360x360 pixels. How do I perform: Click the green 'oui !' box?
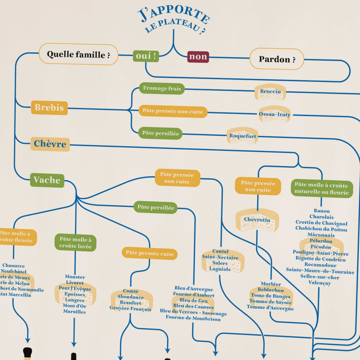tap(146, 56)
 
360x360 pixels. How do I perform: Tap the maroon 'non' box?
tap(198, 57)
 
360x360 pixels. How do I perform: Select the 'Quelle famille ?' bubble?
tap(78, 55)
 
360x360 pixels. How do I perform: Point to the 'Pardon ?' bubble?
tap(277, 59)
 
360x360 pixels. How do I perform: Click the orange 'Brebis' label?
tap(49, 108)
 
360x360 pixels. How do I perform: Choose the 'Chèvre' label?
tap(50, 144)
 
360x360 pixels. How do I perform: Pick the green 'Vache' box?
tap(47, 180)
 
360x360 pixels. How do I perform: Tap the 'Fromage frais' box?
tap(162, 88)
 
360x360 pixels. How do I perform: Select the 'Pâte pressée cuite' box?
tap(150, 253)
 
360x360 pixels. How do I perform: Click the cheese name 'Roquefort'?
tap(242, 136)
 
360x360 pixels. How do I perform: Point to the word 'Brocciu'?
tap(271, 91)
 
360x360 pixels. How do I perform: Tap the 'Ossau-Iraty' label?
tap(274, 114)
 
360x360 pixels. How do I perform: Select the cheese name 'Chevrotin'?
tap(257, 219)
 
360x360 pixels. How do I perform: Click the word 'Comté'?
tap(131, 291)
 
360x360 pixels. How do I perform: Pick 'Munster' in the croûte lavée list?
tap(75, 277)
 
